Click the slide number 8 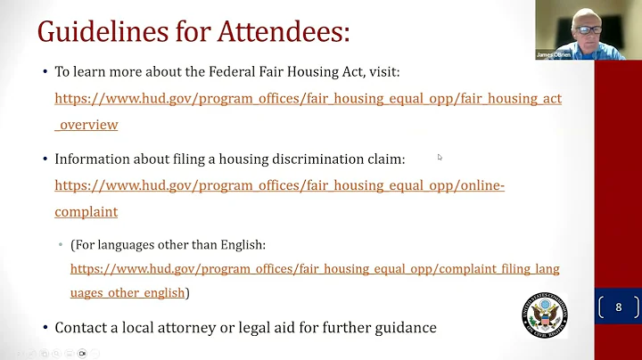pos(618,307)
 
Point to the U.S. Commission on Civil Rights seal pos(544,315)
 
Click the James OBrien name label pos(553,54)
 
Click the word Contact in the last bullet pos(82,328)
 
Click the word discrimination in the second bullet pos(306,159)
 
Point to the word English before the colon pos(241,244)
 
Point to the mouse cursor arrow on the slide pos(439,157)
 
